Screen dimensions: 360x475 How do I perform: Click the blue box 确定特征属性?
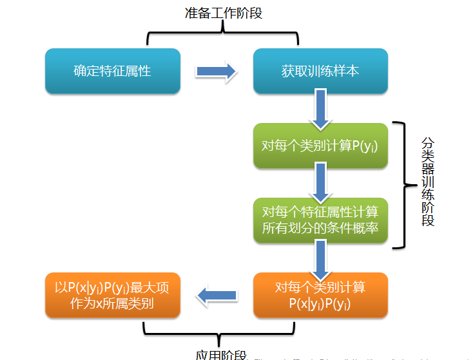coord(112,71)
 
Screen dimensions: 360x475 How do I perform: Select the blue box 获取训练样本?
coord(320,71)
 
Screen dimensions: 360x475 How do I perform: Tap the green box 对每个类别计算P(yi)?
coord(320,146)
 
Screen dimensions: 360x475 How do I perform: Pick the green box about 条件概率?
coord(320,220)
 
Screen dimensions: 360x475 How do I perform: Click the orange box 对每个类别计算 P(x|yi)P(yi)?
coord(320,295)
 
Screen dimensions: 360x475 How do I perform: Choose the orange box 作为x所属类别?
coord(112,295)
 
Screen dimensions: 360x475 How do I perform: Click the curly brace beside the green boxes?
coord(405,185)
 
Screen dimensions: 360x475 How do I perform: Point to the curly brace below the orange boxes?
coord(219,330)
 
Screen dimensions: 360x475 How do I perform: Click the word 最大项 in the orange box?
coord(151,288)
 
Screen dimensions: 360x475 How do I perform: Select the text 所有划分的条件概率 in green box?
coord(320,228)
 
